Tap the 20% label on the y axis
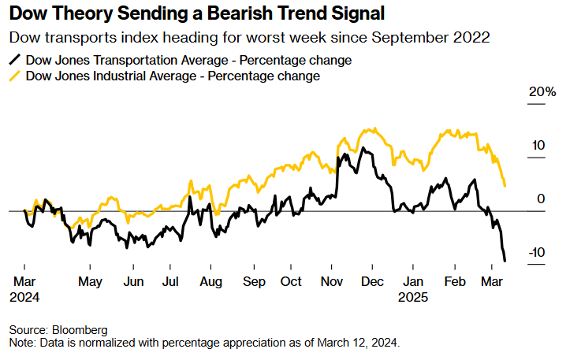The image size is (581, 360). (x=542, y=92)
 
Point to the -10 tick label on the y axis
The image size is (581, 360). (x=536, y=252)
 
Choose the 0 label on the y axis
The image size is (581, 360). (x=541, y=199)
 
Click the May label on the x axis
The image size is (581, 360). (x=91, y=282)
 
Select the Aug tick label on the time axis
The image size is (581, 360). (x=210, y=282)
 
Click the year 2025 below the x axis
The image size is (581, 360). (x=412, y=298)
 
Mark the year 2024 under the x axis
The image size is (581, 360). (x=24, y=298)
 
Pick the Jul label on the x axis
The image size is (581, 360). (x=169, y=282)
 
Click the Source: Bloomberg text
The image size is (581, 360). (x=58, y=329)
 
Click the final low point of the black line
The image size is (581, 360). (x=505, y=261)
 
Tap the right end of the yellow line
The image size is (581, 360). (x=505, y=186)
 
